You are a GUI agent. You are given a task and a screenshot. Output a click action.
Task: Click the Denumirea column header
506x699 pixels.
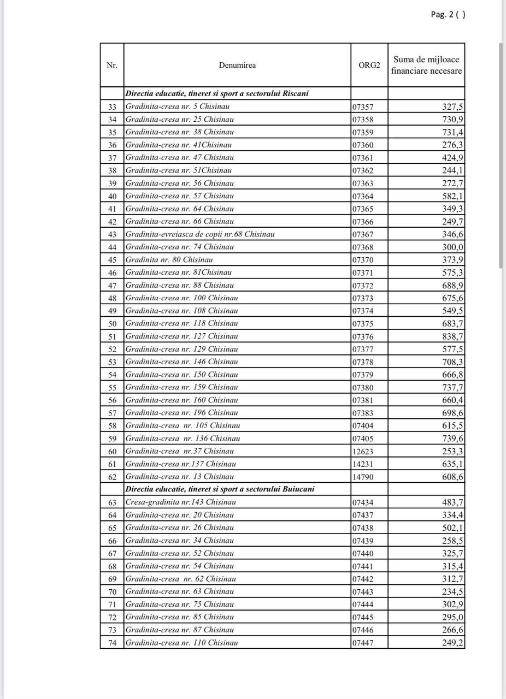237,66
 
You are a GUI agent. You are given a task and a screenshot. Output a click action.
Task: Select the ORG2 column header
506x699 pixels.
369,66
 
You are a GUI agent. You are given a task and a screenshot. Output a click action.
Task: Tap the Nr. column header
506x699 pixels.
112,66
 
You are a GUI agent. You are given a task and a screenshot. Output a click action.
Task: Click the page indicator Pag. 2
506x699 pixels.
447,15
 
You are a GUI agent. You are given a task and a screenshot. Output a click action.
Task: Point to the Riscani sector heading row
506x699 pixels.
217,93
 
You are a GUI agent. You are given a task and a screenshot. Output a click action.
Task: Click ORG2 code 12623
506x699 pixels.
363,451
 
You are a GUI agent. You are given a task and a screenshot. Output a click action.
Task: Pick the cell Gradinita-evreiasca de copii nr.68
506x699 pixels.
200,234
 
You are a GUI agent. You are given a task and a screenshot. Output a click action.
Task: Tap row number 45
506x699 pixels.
112,260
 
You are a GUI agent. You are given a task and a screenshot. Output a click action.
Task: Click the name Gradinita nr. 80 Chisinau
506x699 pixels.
169,260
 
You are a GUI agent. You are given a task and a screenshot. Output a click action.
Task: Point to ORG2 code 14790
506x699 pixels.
363,477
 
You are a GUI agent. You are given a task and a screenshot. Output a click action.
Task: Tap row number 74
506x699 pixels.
112,643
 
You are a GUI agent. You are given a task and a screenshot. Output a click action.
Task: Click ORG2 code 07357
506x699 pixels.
363,107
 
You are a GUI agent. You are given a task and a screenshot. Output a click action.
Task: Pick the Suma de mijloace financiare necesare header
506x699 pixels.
426,66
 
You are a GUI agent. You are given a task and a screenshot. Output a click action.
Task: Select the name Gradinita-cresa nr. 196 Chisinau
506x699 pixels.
181,413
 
